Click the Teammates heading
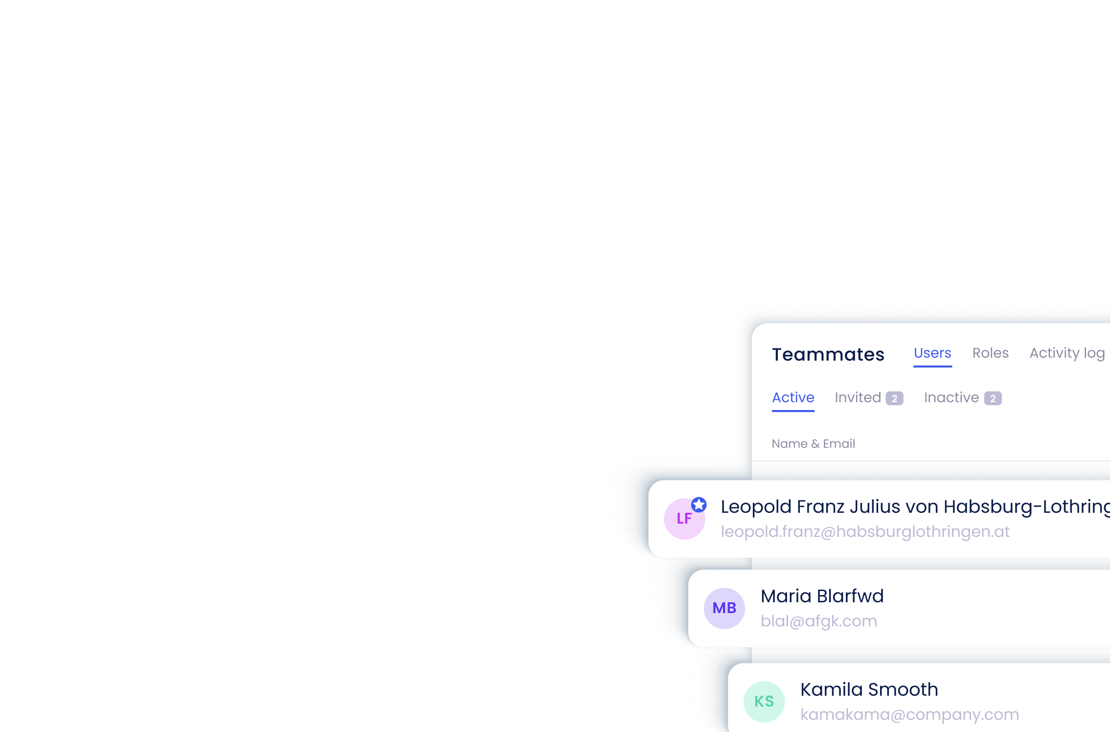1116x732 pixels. pos(828,354)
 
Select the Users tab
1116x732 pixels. pos(932,353)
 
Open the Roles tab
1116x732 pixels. pos(990,353)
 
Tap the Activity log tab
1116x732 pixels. pos(1067,353)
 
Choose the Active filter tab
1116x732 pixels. pos(793,398)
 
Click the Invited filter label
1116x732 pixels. pos(858,398)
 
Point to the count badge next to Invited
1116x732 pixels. pos(894,398)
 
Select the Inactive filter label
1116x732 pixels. pos(951,398)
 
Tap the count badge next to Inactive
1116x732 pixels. pos(993,398)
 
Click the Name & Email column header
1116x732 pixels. pos(813,444)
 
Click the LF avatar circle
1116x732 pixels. pos(684,519)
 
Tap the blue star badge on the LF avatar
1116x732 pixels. pos(698,504)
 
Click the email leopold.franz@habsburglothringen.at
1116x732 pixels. pos(865,532)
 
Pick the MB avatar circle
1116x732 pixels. pos(724,608)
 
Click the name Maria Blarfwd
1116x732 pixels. pos(822,596)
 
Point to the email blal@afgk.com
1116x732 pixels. pos(818,621)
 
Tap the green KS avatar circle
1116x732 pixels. pos(764,702)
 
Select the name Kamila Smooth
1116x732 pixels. pos(869,690)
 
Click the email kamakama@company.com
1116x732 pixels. pos(909,715)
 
